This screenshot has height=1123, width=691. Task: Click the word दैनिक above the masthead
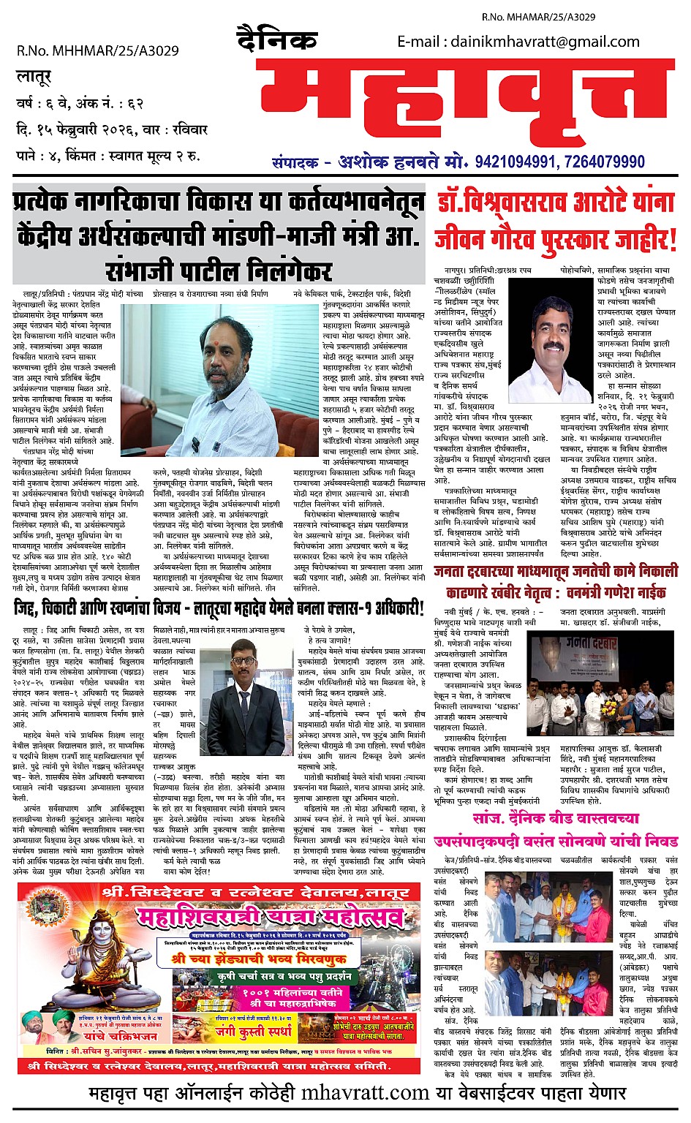pyautogui.click(x=278, y=39)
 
